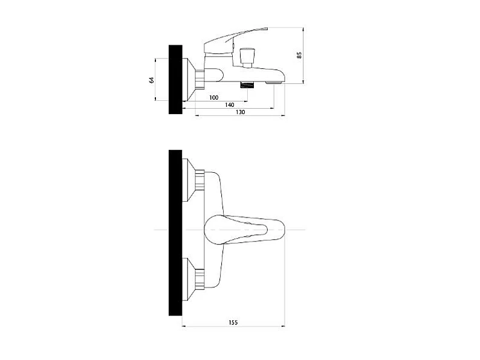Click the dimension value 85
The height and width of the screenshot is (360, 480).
pyautogui.click(x=299, y=55)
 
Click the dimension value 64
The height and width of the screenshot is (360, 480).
pyautogui.click(x=152, y=80)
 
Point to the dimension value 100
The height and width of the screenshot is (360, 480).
pyautogui.click(x=213, y=98)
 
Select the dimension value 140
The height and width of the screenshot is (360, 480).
pyautogui.click(x=230, y=105)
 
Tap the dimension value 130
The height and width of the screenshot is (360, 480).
pyautogui.click(x=241, y=112)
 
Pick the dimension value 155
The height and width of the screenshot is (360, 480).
pyautogui.click(x=233, y=323)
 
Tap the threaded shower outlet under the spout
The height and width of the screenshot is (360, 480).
pyautogui.click(x=247, y=85)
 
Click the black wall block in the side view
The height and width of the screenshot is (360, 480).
pyautogui.click(x=175, y=80)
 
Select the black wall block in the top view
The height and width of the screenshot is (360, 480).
pyautogui.click(x=175, y=233)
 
